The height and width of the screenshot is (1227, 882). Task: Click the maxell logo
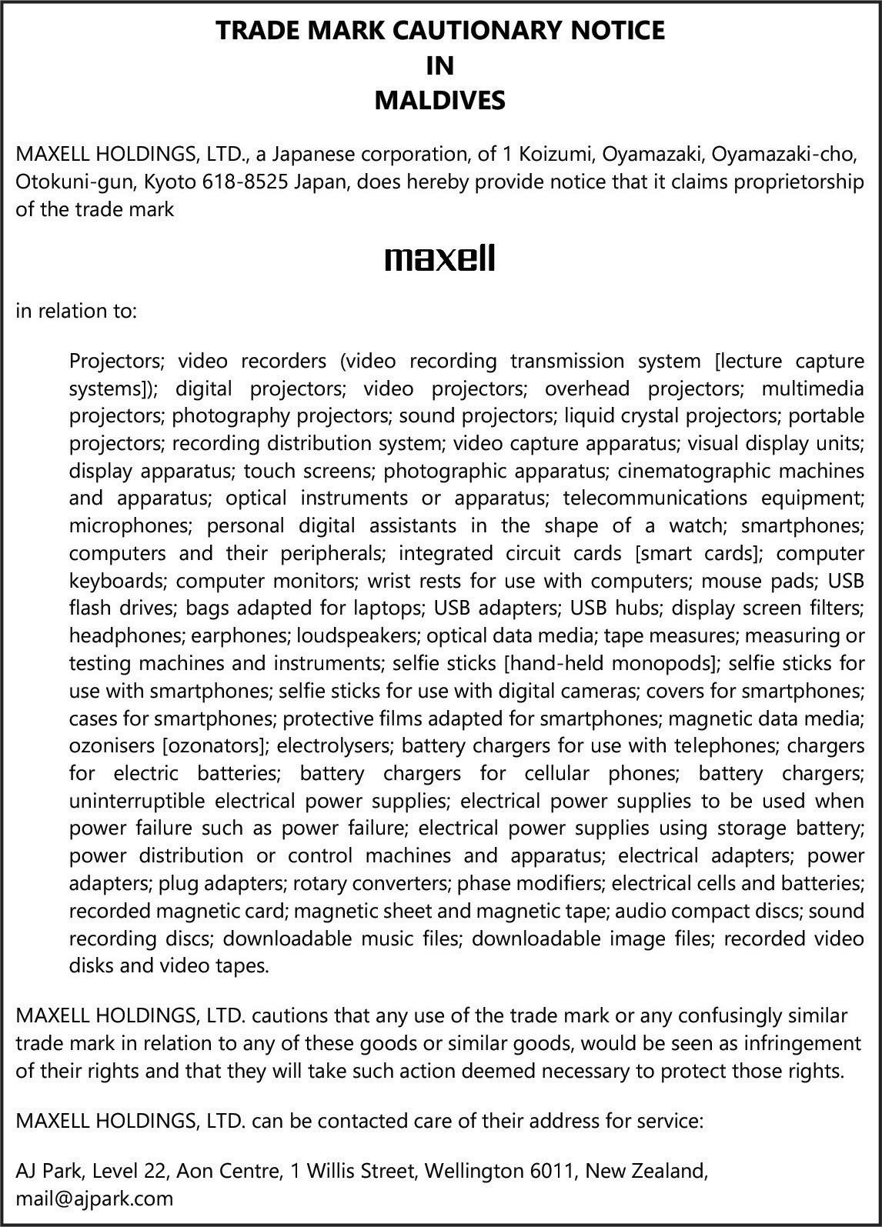[439, 258]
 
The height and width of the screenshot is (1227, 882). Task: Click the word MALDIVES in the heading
[439, 100]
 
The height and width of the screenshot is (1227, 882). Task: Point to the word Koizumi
[553, 155]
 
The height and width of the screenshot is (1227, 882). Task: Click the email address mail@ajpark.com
[95, 1198]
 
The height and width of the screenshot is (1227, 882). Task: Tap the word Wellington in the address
[474, 1171]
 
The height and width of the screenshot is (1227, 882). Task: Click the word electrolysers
[334, 745]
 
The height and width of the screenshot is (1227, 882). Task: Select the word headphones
[125, 635]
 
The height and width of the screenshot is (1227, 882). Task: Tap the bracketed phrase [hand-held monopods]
[611, 663]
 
